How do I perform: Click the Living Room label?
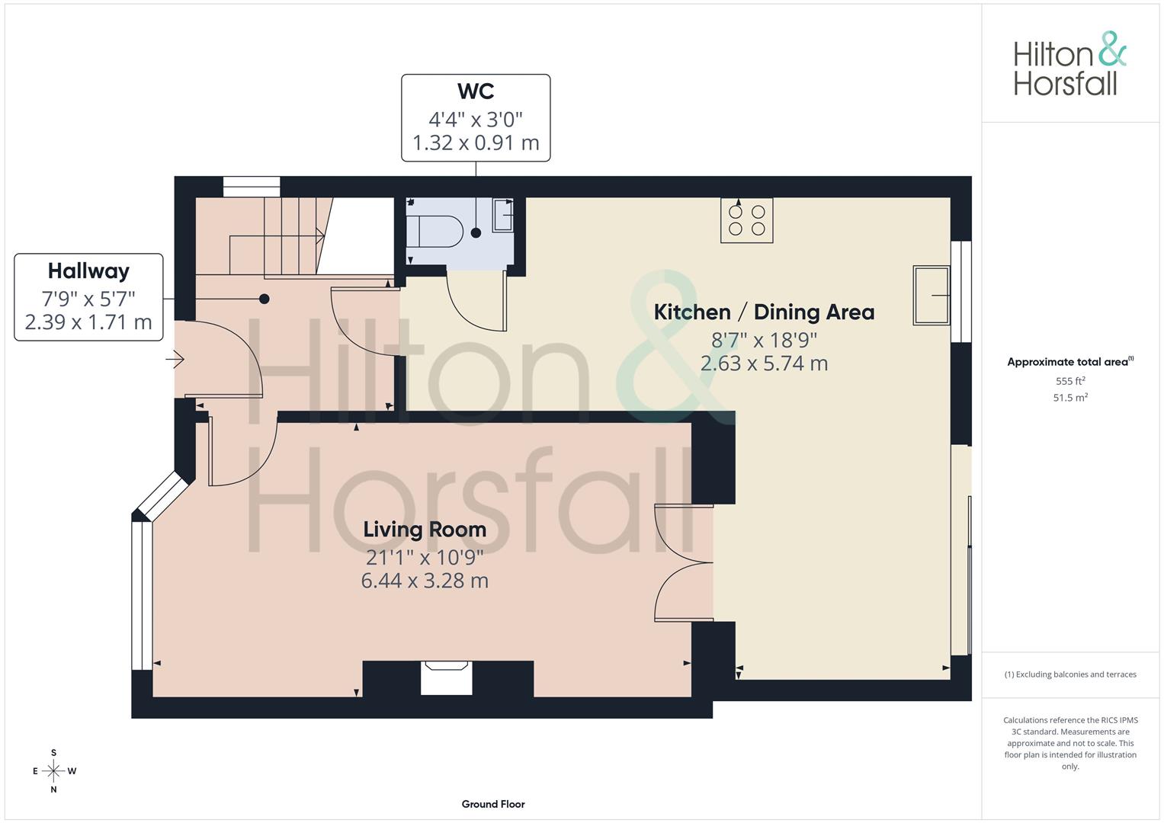(425, 529)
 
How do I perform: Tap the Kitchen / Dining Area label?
(764, 312)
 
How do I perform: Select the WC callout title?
(476, 91)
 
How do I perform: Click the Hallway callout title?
(88, 271)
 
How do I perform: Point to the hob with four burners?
(746, 220)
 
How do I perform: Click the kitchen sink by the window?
(931, 295)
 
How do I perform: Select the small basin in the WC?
(503, 215)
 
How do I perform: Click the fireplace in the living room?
(447, 677)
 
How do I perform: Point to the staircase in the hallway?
(290, 236)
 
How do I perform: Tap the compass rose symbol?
(53, 771)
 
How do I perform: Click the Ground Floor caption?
(493, 804)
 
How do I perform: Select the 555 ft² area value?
(1070, 381)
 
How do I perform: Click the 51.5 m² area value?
(1070, 398)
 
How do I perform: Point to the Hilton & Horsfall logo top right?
(1069, 64)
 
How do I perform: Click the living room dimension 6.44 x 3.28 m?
(425, 581)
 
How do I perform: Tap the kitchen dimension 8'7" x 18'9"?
(764, 340)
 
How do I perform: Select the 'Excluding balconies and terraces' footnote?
(1070, 674)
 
